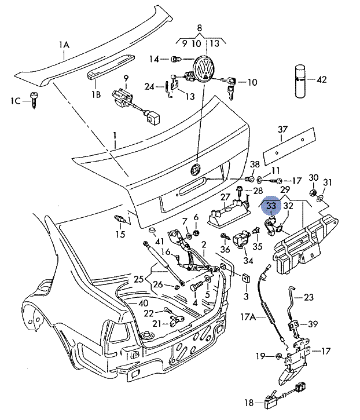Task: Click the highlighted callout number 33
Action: [271, 205]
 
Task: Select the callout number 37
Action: [282, 129]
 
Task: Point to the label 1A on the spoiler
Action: [64, 44]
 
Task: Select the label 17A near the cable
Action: [248, 317]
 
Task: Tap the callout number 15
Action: [120, 235]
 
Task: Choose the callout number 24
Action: [150, 87]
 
